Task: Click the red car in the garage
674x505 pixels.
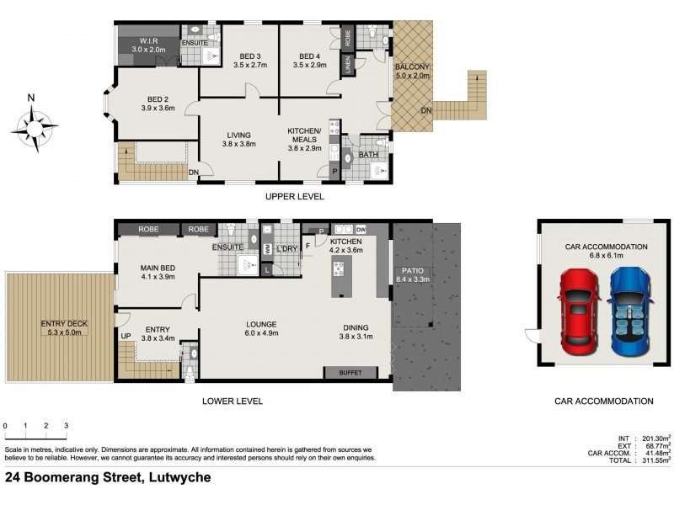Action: pos(579,311)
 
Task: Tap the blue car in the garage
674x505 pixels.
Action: pos(629,311)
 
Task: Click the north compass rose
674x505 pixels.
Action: pos(34,128)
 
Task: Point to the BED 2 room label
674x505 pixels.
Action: pos(158,99)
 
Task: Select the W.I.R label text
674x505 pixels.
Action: pos(148,41)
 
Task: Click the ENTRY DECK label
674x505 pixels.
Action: pos(64,324)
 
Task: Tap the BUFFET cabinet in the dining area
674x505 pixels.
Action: pos(350,373)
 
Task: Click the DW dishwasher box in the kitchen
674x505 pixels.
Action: pos(361,229)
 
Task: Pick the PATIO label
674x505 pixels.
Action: pos(413,271)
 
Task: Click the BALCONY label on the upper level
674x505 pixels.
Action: pos(412,67)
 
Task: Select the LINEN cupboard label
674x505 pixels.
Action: pos(348,65)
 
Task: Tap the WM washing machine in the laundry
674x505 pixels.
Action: pos(267,249)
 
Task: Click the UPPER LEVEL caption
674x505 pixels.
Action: pos(294,197)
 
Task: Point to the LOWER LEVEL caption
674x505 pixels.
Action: pos(233,401)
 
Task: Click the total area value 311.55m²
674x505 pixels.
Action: pos(656,460)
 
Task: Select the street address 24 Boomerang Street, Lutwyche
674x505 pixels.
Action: pos(108,477)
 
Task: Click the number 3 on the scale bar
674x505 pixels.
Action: pos(67,426)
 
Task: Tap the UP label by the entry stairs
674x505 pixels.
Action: pos(126,336)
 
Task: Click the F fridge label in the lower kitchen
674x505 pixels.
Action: pos(308,246)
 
